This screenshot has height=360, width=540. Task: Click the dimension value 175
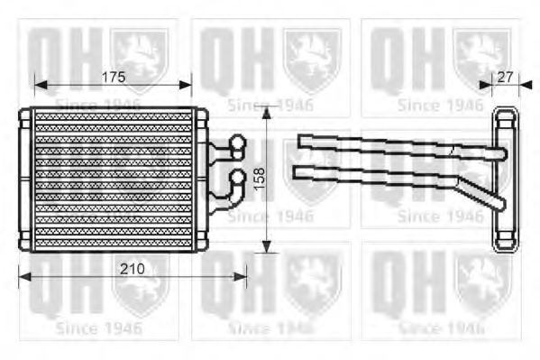112,77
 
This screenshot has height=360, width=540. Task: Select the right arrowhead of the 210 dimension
243,276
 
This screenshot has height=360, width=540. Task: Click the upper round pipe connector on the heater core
238,142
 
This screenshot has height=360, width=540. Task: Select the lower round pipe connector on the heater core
238,177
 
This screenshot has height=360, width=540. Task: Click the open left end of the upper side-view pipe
301,139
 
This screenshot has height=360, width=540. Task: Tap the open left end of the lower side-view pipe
298,171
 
